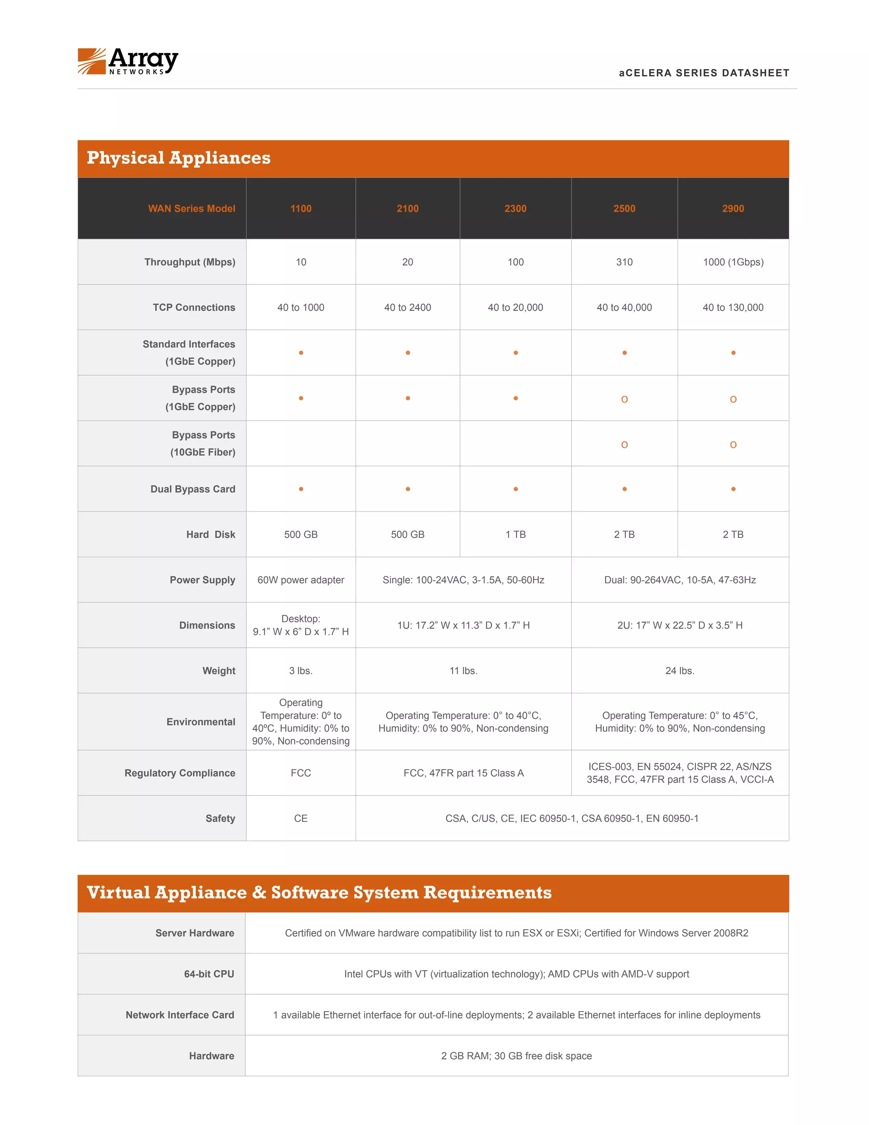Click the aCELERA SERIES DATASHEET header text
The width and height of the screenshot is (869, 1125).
point(704,73)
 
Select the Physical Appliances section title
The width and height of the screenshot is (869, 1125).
point(178,157)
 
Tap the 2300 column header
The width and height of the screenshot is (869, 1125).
point(515,208)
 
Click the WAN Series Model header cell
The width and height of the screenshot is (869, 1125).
point(191,208)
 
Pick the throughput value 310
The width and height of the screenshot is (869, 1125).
point(624,262)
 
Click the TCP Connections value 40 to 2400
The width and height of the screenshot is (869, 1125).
point(407,307)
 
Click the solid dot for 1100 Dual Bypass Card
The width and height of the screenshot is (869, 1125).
point(301,489)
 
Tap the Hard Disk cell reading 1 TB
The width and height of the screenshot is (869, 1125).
point(515,534)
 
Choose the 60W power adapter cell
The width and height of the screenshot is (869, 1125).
point(301,580)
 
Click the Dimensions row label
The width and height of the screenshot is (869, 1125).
point(207,625)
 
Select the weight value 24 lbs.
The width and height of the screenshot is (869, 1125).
point(680,671)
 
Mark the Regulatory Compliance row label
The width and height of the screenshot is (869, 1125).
point(179,773)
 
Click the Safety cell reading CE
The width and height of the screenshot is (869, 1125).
point(301,818)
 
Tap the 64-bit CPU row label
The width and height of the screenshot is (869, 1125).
point(209,974)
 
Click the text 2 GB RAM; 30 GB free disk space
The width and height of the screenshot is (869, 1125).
point(516,1056)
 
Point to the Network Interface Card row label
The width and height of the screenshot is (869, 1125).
point(179,1015)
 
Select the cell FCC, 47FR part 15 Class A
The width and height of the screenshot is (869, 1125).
point(463,773)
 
